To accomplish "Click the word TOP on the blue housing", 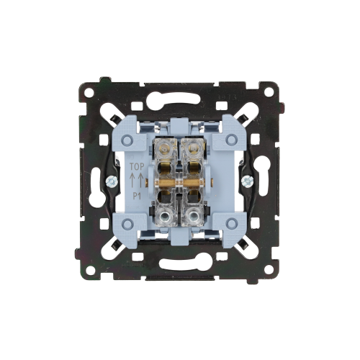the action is click(137, 166).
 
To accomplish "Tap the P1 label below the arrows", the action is click(137, 197).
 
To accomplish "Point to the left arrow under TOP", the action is click(132, 180).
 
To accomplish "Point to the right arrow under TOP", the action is click(141, 180).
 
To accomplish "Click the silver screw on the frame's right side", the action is click(246, 181).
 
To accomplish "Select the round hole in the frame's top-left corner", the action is click(89, 92).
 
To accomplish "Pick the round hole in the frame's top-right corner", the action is click(269, 92).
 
